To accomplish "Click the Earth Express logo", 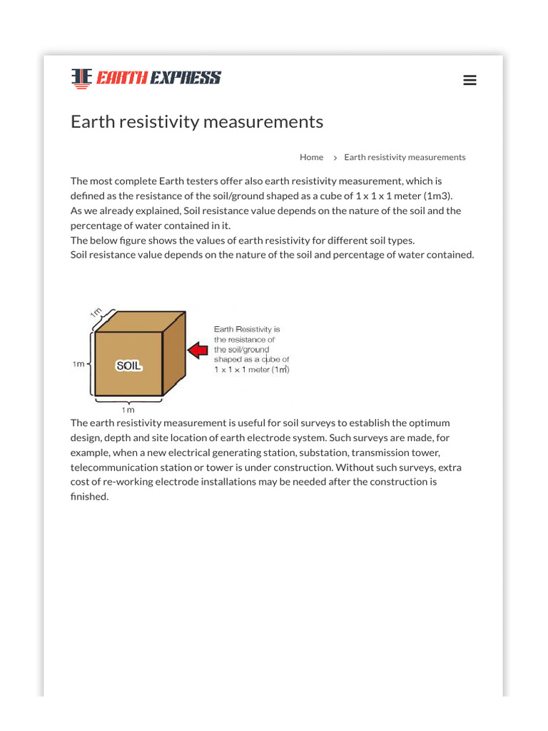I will (x=146, y=78).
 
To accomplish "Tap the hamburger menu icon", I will (x=470, y=80).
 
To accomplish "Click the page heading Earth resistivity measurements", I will (x=197, y=122).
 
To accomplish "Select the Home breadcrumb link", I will (x=311, y=157).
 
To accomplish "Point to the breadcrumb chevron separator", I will (x=335, y=158).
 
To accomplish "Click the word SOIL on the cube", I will (x=129, y=365).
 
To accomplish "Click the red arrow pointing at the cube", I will (x=198, y=350).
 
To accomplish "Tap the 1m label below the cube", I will (x=128, y=410).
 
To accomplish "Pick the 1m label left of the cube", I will (x=78, y=364).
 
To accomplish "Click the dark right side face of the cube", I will (x=174, y=353).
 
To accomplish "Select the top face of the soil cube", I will (x=140, y=321).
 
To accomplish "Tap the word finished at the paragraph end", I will (x=88, y=497).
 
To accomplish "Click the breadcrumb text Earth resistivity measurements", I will (x=405, y=157).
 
